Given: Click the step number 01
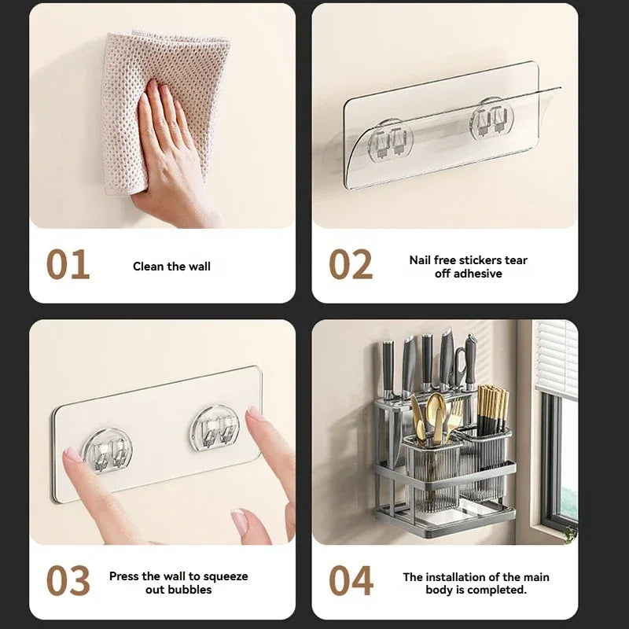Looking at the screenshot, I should pos(68,265).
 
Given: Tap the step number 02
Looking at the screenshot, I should pos(351,265).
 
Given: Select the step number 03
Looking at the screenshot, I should pos(68,581).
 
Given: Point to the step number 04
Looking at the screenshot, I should pos(351,581).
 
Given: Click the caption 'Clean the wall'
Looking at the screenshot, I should pos(171,267).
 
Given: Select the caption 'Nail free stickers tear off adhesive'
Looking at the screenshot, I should pos(468,267).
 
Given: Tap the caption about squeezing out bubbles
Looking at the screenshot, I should pos(178,583).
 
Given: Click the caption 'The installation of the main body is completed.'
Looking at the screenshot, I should pos(476,583).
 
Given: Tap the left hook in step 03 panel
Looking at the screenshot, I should pos(106,450).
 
